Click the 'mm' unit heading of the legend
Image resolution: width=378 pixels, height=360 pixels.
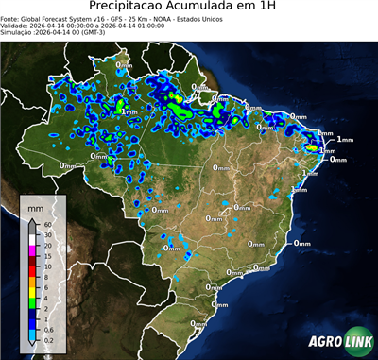click(35, 206)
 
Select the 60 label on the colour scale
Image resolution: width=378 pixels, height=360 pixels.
click(46, 224)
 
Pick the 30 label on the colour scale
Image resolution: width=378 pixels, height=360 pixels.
click(46, 233)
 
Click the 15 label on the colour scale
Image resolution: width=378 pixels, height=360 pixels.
click(46, 257)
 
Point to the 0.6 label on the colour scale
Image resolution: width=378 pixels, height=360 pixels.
click(48, 327)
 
